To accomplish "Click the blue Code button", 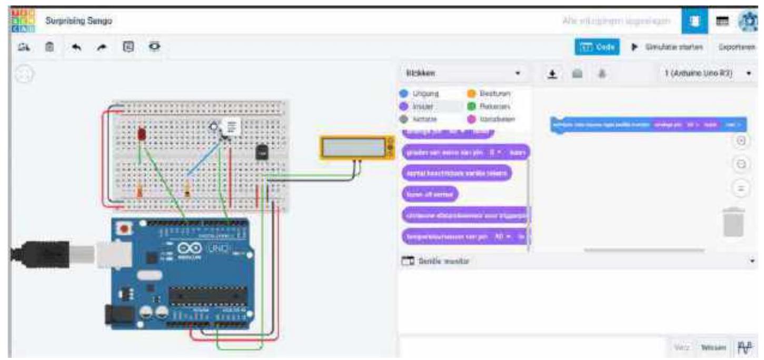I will point(597,47).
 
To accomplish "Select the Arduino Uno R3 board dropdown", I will point(706,73).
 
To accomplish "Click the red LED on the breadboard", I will point(141,134).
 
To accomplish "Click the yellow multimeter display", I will point(356,147).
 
